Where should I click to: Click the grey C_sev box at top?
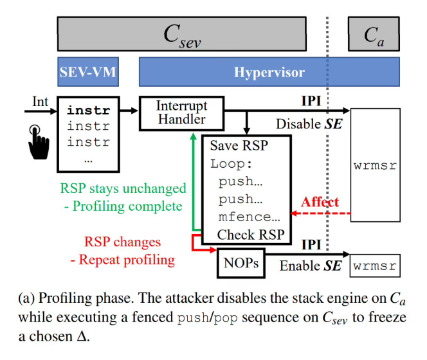[x=182, y=34]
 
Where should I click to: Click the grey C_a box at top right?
[x=373, y=34]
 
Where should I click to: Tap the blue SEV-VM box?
[x=87, y=72]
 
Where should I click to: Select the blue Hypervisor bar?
[x=269, y=72]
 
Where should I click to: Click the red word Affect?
[x=320, y=202]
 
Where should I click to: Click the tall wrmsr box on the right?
[x=375, y=165]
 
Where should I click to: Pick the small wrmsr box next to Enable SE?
[x=375, y=265]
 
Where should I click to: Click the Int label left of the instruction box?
[x=40, y=102]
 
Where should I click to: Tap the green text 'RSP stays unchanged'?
[x=123, y=189]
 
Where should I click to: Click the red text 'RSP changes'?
[x=122, y=243]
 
